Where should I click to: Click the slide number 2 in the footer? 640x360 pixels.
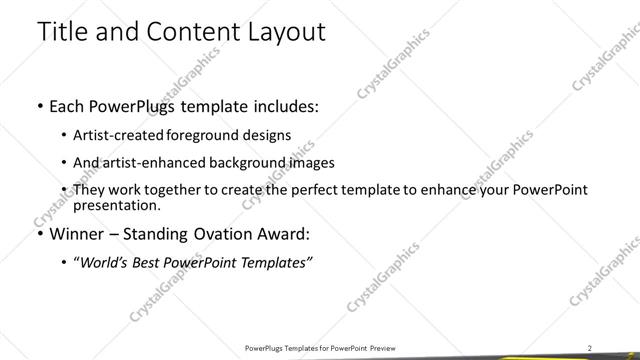590,348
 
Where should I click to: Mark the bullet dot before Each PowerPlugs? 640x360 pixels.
39,106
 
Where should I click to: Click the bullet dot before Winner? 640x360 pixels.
39,235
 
